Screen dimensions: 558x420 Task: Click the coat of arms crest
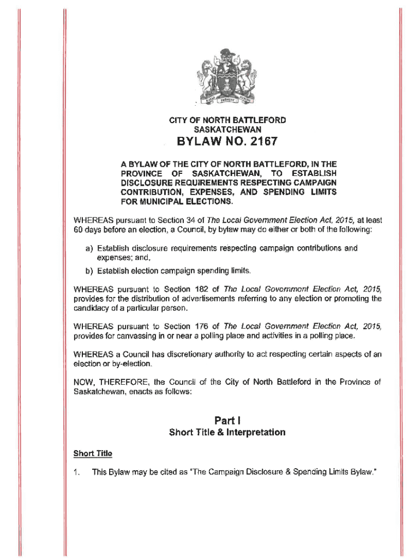coord(226,78)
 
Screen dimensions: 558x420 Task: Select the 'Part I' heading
coord(227,420)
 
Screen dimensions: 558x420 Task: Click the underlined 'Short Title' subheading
coord(93,453)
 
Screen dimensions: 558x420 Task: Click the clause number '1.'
coord(77,472)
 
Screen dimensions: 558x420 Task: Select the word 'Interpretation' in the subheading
coord(256,433)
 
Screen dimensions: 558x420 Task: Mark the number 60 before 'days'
coord(79,230)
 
